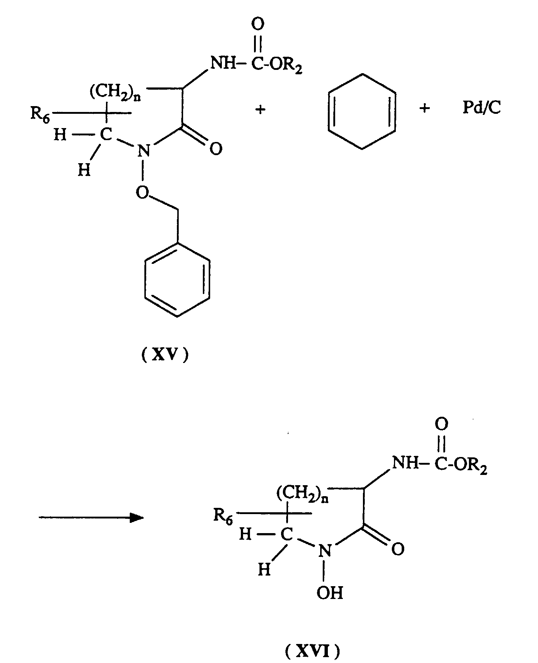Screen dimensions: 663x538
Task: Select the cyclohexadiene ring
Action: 362,111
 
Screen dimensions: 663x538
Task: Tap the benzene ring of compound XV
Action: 177,280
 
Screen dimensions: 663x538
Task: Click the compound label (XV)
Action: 165,355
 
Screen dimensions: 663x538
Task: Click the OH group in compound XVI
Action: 330,593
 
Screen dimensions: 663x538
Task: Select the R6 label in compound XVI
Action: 223,517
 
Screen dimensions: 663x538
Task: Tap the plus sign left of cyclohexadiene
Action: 260,109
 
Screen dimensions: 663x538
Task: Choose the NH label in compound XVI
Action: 405,464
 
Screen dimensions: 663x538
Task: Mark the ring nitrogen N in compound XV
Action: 144,150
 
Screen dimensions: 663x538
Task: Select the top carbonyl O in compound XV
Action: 258,25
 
